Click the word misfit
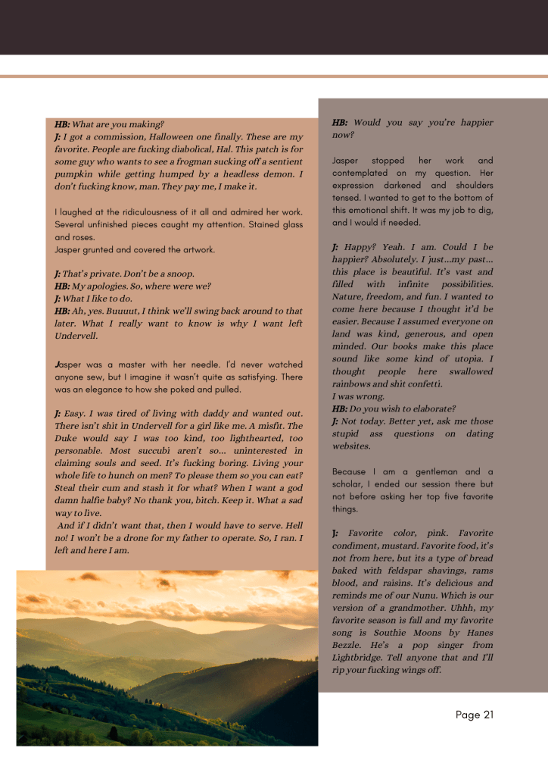click(254, 426)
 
